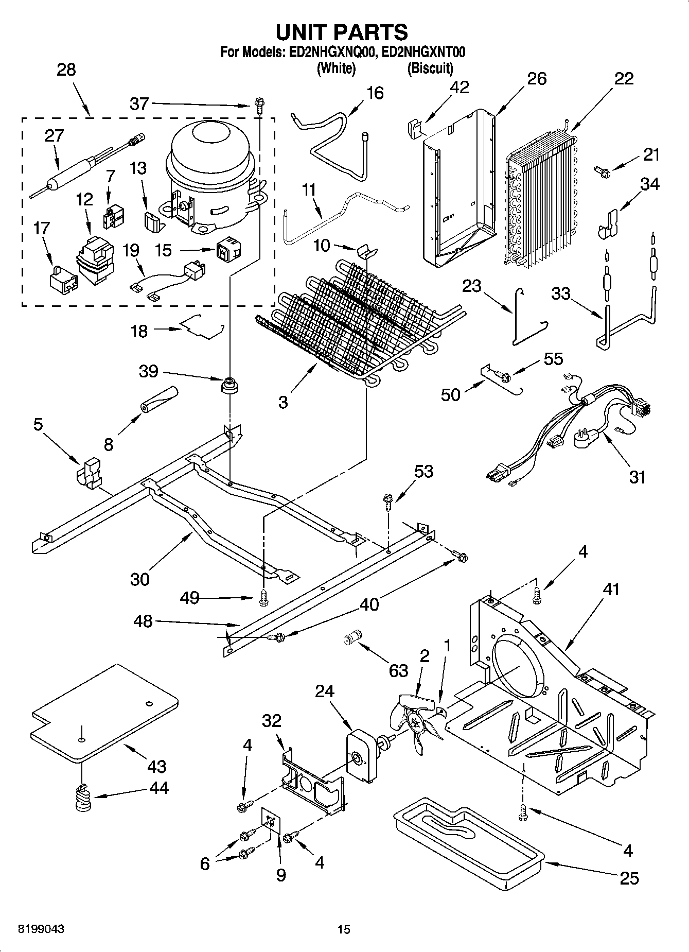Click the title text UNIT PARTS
[x=342, y=32]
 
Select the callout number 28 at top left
[x=66, y=70]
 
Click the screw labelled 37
[x=259, y=106]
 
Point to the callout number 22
[x=623, y=79]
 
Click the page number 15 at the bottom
[x=344, y=929]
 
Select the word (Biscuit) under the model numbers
[x=430, y=68]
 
